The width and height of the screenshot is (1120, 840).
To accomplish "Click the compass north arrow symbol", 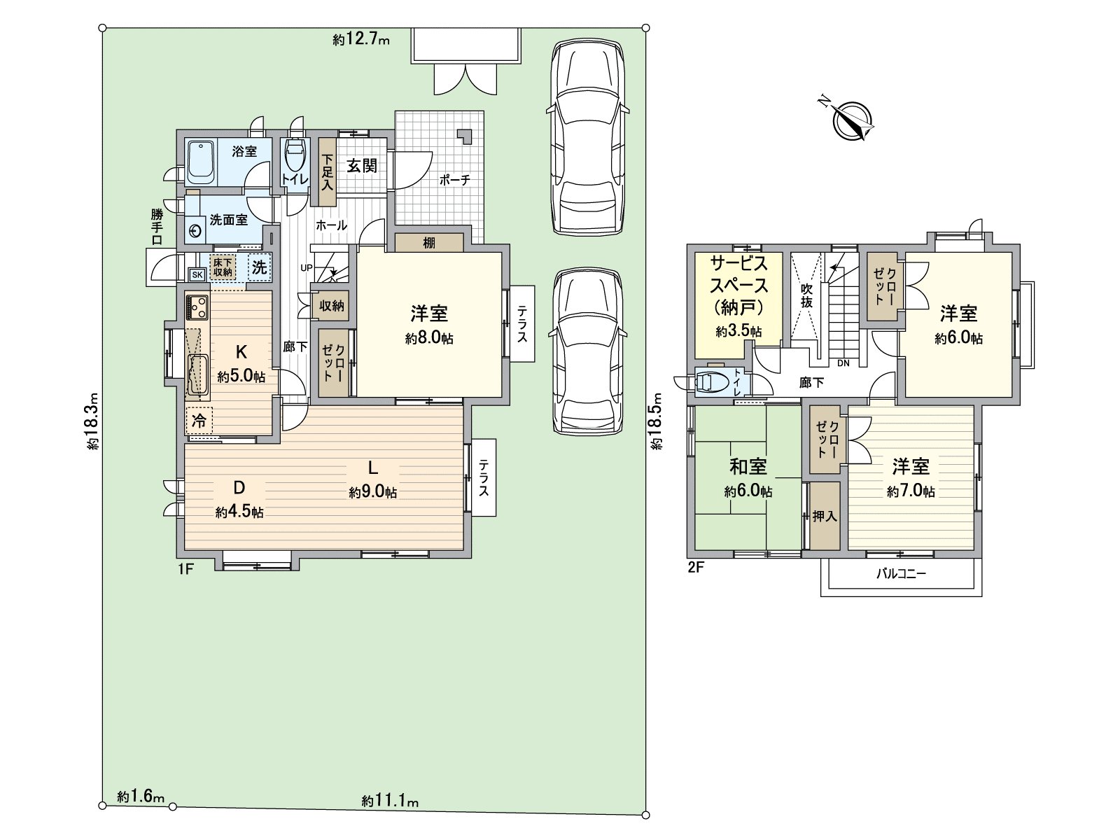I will point(853,120).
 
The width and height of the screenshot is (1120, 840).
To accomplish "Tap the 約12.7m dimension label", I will point(360,40).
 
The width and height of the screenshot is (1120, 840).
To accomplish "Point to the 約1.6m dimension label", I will point(141,797).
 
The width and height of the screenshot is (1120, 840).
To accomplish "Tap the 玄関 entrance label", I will point(362,166).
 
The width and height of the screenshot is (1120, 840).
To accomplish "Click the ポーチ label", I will point(455,180).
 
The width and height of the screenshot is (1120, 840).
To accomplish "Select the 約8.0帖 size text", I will point(429,339).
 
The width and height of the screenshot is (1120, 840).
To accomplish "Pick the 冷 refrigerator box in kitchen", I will point(199,421).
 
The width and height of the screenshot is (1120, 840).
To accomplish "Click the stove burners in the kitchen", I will point(197,307).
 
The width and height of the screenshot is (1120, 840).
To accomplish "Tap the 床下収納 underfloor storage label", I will point(223,267).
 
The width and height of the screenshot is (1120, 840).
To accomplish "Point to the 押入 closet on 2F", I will point(825,517).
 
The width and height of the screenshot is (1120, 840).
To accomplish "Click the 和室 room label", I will point(748,466).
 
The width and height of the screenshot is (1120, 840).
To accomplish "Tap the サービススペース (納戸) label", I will point(738,285).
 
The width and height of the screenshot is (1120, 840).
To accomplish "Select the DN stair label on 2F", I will point(843,363).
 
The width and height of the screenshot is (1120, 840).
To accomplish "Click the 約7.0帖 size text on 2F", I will point(910,492).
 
